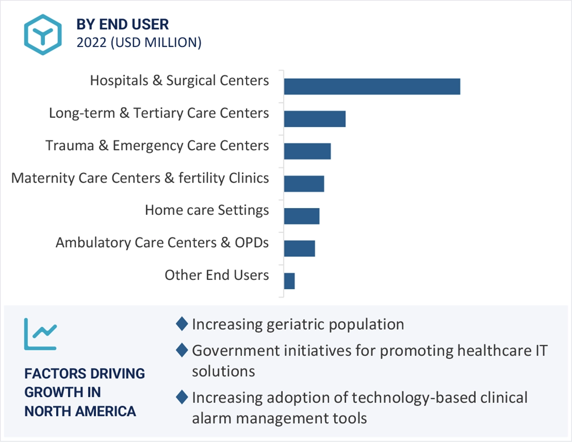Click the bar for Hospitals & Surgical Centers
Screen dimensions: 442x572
point(372,86)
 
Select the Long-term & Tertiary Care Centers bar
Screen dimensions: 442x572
point(314,119)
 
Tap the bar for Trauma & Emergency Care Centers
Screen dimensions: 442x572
point(307,151)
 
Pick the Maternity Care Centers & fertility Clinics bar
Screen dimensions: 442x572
point(304,184)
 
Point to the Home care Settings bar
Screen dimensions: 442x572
point(301,216)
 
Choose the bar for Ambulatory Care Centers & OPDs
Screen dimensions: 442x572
point(299,248)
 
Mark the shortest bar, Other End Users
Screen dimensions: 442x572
point(289,281)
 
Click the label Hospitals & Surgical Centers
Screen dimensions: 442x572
point(179,81)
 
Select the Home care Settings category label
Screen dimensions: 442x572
point(206,210)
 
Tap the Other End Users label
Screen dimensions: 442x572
point(216,275)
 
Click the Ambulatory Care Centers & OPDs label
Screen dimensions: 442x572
point(162,243)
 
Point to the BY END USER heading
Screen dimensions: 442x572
point(122,24)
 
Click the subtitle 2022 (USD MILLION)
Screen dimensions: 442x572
point(139,43)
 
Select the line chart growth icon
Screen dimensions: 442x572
point(40,334)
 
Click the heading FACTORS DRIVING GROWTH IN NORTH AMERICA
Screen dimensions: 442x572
point(85,393)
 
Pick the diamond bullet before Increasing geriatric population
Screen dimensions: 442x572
point(182,324)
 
